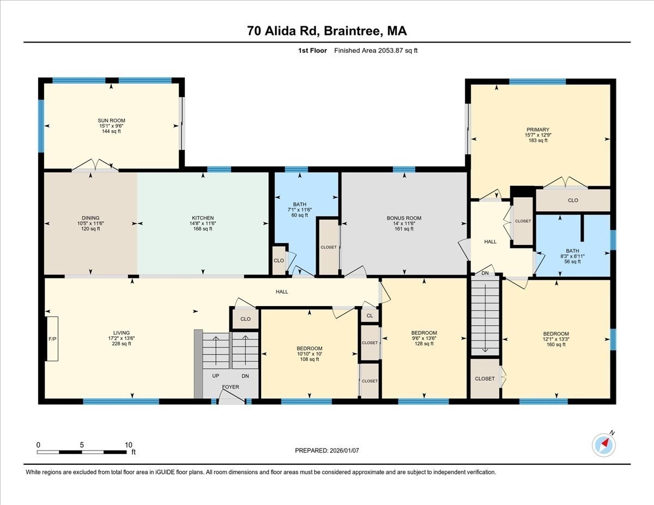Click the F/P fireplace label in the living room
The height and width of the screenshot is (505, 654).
[x=52, y=339]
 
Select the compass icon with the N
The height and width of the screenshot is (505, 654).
[x=604, y=445]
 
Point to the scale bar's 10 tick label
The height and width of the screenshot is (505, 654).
[x=129, y=445]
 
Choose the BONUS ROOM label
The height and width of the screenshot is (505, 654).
[x=404, y=218]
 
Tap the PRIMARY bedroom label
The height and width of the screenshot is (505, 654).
[x=537, y=130]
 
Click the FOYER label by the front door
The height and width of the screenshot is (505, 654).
[x=230, y=387]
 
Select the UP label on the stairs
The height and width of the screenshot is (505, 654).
[x=215, y=376]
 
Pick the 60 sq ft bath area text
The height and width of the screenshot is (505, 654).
[x=299, y=215]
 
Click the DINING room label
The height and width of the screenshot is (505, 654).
[x=90, y=218]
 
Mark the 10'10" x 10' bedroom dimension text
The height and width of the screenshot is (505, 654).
[x=309, y=354]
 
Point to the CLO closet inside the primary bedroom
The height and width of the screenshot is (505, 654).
[x=572, y=200]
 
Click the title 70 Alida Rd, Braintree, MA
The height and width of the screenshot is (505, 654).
[x=326, y=31]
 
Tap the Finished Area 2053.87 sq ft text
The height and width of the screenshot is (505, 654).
[x=376, y=51]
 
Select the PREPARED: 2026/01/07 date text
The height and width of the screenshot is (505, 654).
[x=326, y=451]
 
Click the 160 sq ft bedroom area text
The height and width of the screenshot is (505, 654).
[x=556, y=344]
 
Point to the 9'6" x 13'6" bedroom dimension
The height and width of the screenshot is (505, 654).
[x=423, y=338]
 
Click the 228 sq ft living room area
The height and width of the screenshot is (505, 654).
[x=121, y=344]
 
